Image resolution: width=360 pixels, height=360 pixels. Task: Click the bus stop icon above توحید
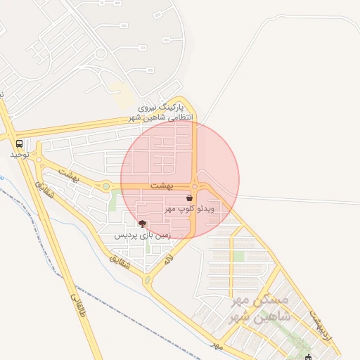point(18,143)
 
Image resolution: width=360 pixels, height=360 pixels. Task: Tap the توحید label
point(19,154)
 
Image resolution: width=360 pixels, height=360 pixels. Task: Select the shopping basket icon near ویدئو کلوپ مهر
point(190,199)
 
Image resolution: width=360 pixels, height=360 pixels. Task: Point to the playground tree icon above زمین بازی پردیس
point(143,224)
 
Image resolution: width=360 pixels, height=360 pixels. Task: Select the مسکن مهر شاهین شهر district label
point(259,309)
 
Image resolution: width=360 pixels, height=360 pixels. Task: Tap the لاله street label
point(169,259)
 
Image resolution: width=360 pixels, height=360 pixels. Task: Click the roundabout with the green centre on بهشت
point(105,186)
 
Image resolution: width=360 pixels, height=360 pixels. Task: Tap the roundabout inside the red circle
point(194,186)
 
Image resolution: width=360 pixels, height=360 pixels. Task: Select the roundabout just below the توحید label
point(40,167)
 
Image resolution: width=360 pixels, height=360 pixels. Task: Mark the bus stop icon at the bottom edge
point(308,357)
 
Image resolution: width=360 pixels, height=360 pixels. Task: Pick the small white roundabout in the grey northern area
point(101,53)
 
